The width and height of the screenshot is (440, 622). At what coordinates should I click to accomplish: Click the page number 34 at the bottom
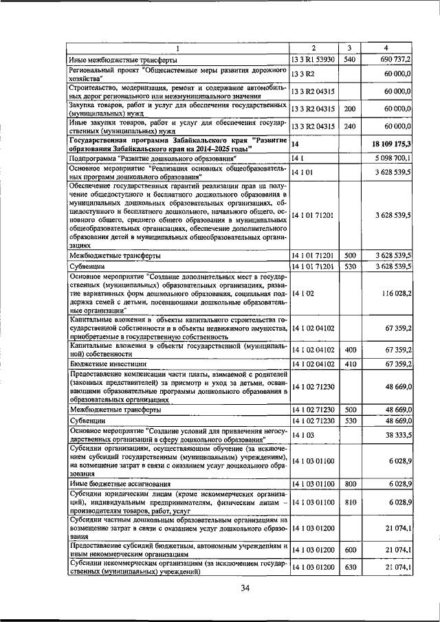tap(246, 586)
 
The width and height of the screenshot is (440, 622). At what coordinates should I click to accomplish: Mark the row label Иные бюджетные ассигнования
tap(114, 485)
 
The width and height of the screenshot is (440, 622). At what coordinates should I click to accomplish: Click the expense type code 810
tap(349, 502)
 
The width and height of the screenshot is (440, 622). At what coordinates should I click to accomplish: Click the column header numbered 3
tap(349, 47)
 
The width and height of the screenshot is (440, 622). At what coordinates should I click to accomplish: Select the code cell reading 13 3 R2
tap(302, 74)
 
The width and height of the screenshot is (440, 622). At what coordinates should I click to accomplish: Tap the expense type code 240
tap(349, 126)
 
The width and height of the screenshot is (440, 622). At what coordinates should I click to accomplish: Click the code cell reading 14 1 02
tap(302, 293)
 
